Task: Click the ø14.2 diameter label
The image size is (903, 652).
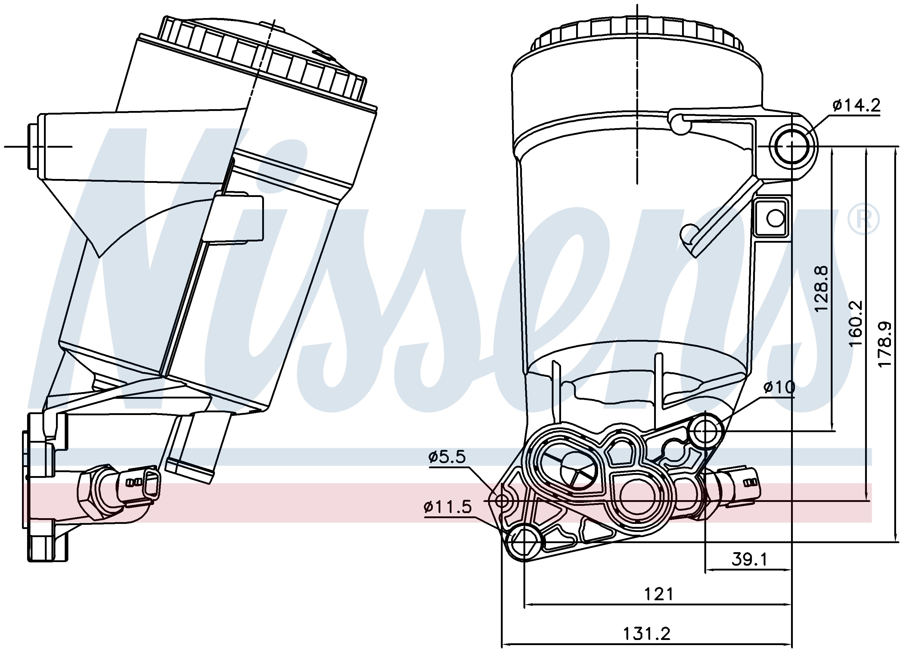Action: pos(856,106)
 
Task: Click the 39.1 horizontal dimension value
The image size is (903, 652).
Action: pos(749,560)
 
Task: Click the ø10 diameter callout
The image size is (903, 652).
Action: pos(779,387)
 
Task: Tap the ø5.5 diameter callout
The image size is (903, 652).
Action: pos(447,457)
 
